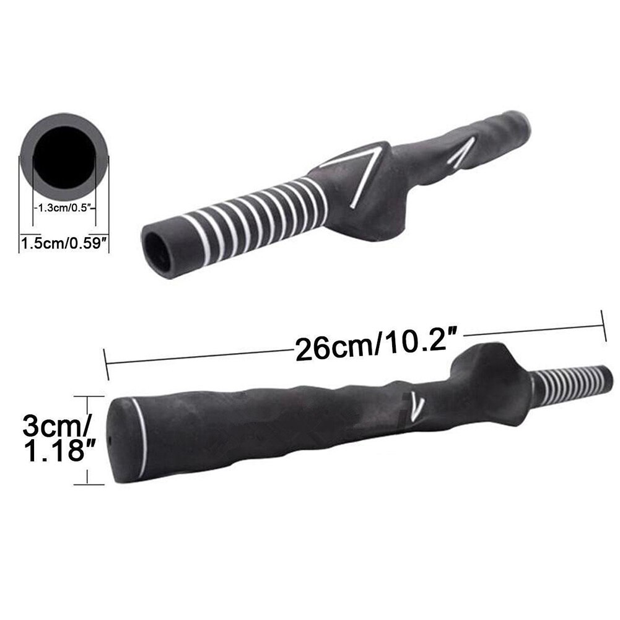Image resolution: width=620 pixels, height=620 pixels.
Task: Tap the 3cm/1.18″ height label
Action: coord(55,439)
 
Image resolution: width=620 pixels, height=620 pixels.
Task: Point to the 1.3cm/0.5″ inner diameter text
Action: coord(64,208)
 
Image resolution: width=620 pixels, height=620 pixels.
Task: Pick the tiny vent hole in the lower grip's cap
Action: coord(110,437)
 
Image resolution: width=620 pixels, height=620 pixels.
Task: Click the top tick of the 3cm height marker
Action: coord(86,396)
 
